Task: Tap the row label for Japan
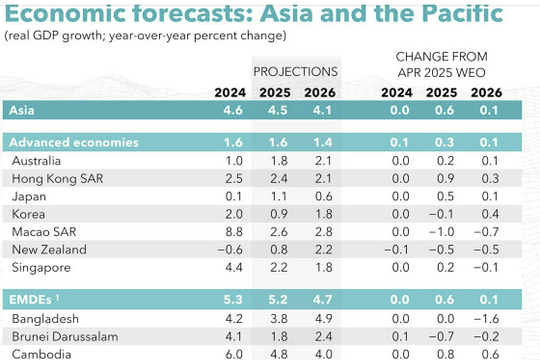pos(31,196)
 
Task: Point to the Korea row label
pos(31,214)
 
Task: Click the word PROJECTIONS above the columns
pos(295,72)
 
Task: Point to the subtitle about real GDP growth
pos(146,36)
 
